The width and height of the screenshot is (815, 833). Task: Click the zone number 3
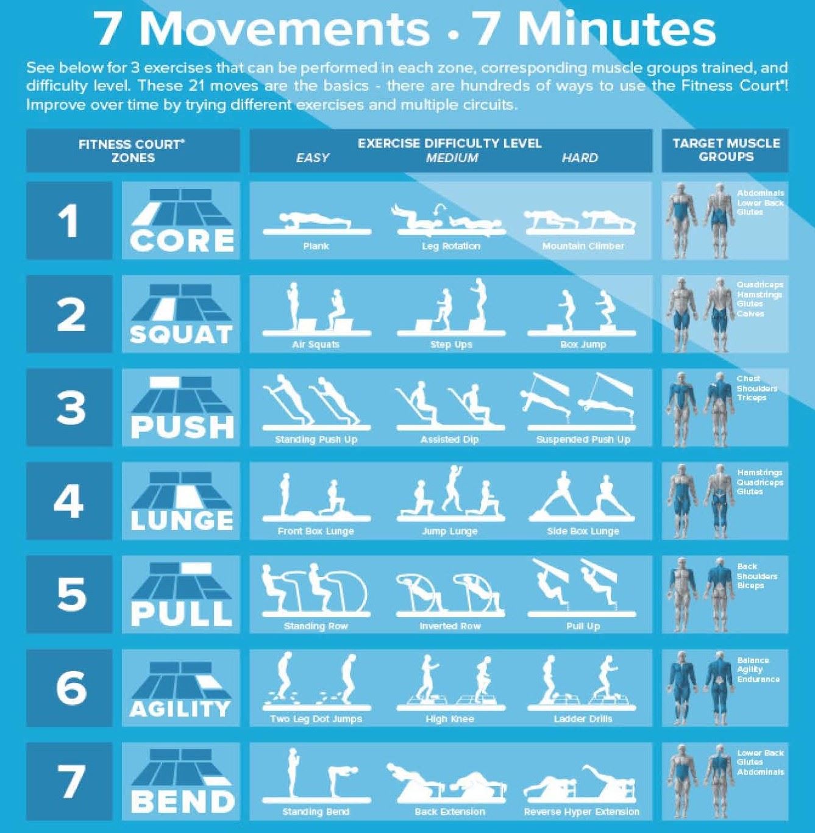tap(71, 407)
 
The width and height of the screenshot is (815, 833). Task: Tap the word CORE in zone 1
tap(182, 241)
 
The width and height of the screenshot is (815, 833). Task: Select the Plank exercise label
tap(316, 246)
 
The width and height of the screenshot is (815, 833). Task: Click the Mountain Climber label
tap(583, 246)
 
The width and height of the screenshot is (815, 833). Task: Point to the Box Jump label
tap(583, 345)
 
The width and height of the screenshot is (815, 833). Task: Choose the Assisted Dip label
tap(450, 440)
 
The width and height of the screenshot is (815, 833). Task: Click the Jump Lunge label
tap(450, 531)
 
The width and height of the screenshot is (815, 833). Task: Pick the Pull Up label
tap(583, 626)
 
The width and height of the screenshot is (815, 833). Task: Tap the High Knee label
tap(450, 719)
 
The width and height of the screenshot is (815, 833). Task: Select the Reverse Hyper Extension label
tap(582, 812)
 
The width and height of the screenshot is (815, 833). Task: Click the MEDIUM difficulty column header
tap(452, 158)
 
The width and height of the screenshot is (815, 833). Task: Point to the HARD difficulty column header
tap(580, 158)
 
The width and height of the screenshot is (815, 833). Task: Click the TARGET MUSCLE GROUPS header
tap(725, 150)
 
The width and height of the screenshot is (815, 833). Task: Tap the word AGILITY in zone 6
tap(180, 709)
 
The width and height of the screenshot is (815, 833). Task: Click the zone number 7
tap(71, 781)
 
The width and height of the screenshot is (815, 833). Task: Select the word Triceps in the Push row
tap(751, 398)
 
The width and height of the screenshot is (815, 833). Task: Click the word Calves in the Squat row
tap(750, 313)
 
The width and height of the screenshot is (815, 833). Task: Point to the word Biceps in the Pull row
tap(750, 585)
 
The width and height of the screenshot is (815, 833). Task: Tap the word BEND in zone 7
tap(182, 801)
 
